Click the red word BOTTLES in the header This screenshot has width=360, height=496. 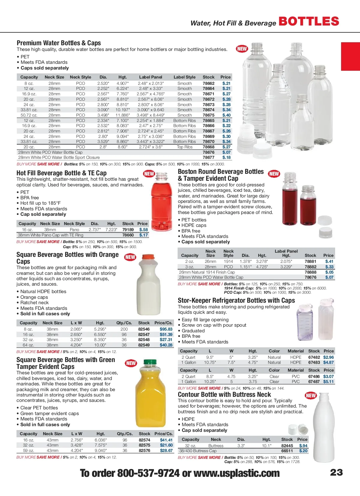tap(309, 21)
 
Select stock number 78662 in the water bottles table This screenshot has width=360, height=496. tap(208, 83)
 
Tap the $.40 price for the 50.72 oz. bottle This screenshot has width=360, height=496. tap(226, 115)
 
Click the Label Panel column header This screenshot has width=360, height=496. tap(151, 77)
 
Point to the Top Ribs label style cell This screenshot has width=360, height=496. tap(184, 147)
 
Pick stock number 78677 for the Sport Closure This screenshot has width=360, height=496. tap(208, 157)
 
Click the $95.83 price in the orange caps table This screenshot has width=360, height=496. tap(166, 329)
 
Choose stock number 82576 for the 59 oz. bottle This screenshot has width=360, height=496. tap(144, 450)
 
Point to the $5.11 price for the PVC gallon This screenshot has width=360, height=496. tap(328, 382)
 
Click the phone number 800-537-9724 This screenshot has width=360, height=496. tap(148, 473)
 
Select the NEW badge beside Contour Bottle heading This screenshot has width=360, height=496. tap(310, 395)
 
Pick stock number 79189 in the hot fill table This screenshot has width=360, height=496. tap(128, 230)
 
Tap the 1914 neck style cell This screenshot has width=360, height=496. tap(228, 261)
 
